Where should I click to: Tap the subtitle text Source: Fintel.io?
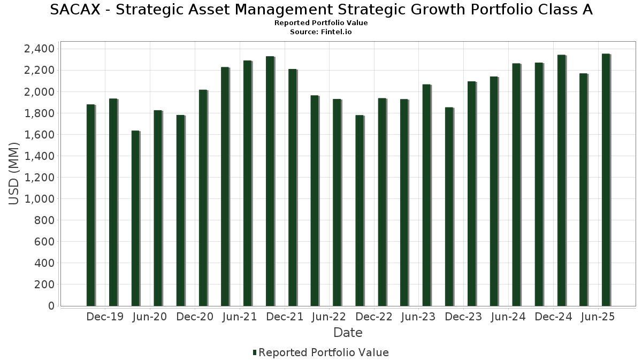click(320, 32)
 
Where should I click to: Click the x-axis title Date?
click(348, 333)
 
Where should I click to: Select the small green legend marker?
click(255, 352)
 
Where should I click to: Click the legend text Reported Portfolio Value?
click(324, 352)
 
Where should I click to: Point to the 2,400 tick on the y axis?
click(39, 49)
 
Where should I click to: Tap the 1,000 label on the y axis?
click(39, 199)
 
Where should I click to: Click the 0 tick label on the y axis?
click(51, 306)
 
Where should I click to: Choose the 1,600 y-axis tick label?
click(39, 135)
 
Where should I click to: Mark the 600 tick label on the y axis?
click(43, 242)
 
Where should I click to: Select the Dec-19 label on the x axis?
click(105, 317)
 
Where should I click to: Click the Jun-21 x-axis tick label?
click(239, 317)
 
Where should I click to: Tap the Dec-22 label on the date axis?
click(374, 317)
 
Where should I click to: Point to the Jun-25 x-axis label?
click(598, 317)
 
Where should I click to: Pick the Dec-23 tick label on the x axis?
click(463, 317)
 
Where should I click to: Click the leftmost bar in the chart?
click(91, 205)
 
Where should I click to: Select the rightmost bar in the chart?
click(606, 180)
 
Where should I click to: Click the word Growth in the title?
click(431, 10)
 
